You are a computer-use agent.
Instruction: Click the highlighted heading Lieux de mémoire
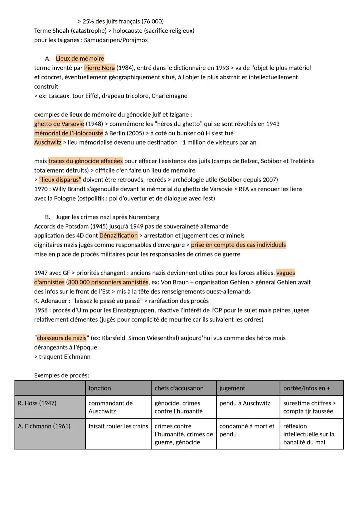pos(80,59)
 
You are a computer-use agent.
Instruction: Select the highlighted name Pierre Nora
pos(99,68)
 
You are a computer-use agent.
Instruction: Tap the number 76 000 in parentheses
pos(152,21)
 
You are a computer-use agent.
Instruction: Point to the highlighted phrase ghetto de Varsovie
pos(59,124)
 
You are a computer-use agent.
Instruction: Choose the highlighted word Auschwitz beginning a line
pos(48,143)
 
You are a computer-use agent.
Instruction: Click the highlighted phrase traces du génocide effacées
pos(85,161)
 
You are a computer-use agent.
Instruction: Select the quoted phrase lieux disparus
pos(60,180)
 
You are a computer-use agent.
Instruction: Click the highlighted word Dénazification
pos(118,236)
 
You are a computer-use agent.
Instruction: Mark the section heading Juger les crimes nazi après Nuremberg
pos(107,217)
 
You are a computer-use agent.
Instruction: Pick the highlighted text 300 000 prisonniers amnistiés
pos(108,282)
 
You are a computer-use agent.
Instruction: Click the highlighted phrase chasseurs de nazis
pos(61,338)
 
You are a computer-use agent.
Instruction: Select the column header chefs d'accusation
pos(179,388)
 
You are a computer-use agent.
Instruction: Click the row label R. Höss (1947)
pos(37,403)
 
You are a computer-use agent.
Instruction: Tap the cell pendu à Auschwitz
pos(245,403)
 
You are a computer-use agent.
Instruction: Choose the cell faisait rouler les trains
pos(118,426)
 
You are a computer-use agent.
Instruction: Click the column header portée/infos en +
pos(306,388)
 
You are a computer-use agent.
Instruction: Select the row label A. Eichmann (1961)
pos(44,426)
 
